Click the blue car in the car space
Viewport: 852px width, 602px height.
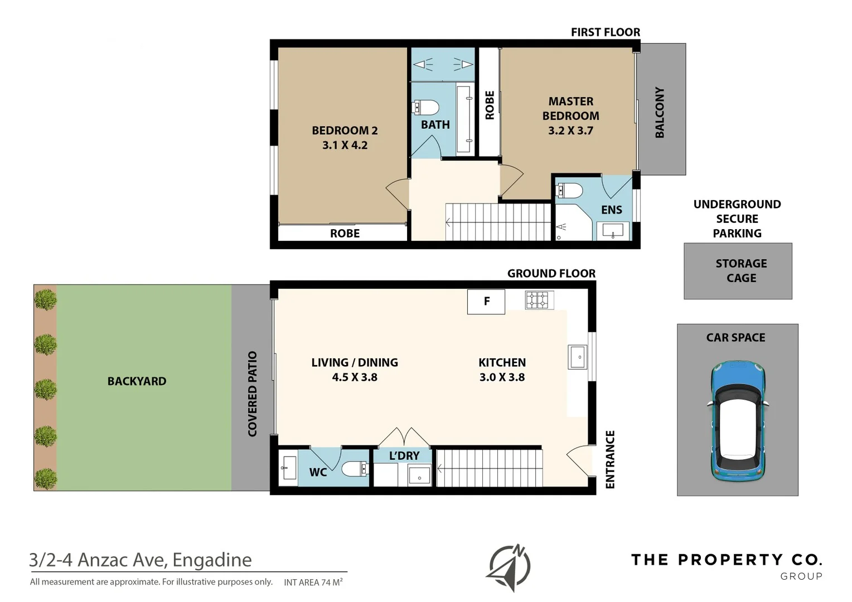[737, 421]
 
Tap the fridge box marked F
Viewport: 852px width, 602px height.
[486, 302]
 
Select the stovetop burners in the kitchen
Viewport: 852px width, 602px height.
[539, 300]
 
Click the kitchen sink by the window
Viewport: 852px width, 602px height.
[577, 357]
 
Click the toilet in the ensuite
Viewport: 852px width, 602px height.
[569, 191]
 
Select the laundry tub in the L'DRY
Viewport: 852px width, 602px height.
[419, 475]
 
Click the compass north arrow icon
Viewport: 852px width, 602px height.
[509, 567]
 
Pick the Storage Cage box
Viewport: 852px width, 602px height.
[738, 271]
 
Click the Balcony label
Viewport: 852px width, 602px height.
[660, 112]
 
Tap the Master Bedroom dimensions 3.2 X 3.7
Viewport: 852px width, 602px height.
[570, 130]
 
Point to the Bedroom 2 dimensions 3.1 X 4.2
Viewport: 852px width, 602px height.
[345, 145]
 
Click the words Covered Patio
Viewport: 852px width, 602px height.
[252, 394]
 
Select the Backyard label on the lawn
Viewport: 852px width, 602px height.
[137, 381]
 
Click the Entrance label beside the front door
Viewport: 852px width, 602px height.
[610, 459]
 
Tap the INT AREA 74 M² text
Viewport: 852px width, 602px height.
[313, 582]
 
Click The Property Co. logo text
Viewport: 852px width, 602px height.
[726, 560]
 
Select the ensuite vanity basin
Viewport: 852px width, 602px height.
[613, 230]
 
